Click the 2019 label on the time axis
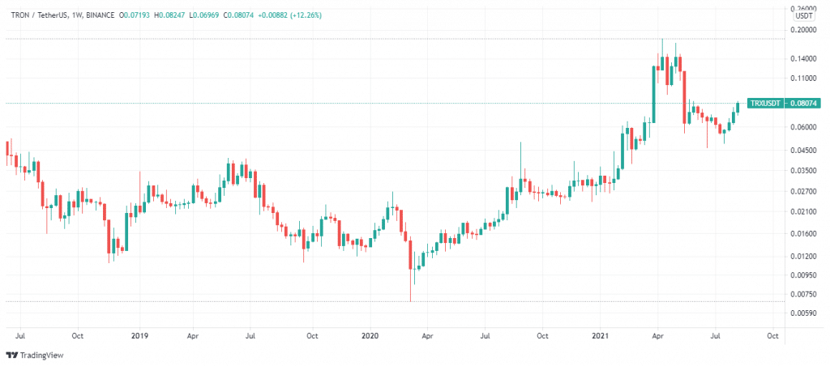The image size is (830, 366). pyautogui.click(x=139, y=334)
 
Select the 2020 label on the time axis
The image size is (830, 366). pyautogui.click(x=370, y=334)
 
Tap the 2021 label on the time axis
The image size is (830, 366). pyautogui.click(x=600, y=334)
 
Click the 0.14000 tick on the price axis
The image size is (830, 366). pyautogui.click(x=805, y=59)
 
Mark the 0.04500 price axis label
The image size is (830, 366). pyautogui.click(x=805, y=150)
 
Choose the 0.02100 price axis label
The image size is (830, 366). pyautogui.click(x=805, y=211)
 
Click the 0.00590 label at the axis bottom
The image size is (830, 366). pyautogui.click(x=805, y=313)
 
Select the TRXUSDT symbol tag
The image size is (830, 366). pyautogui.click(x=765, y=104)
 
